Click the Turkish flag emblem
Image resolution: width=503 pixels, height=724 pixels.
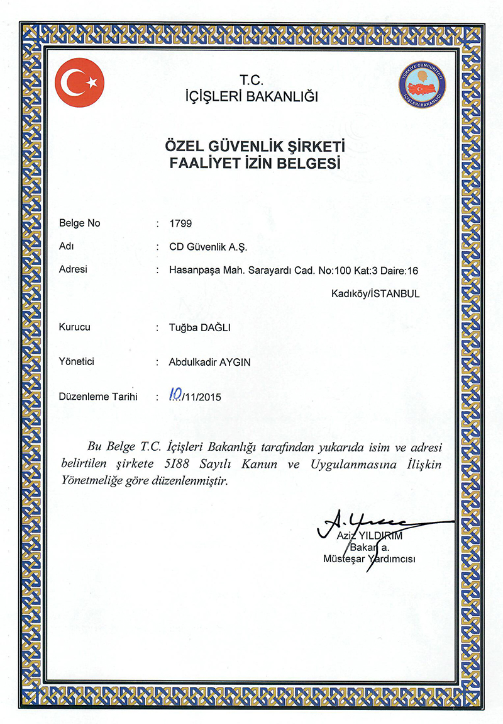(x=80, y=82)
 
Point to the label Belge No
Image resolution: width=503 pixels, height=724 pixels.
(x=79, y=223)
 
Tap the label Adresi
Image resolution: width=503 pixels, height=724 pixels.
(x=72, y=269)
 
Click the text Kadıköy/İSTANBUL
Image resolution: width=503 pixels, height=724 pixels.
(x=375, y=293)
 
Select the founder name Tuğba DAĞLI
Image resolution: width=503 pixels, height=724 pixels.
(x=201, y=328)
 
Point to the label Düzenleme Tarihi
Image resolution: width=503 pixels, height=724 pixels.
(x=97, y=397)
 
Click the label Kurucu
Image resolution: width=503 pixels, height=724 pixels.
(x=75, y=328)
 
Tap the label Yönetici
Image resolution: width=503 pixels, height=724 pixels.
(x=76, y=362)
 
